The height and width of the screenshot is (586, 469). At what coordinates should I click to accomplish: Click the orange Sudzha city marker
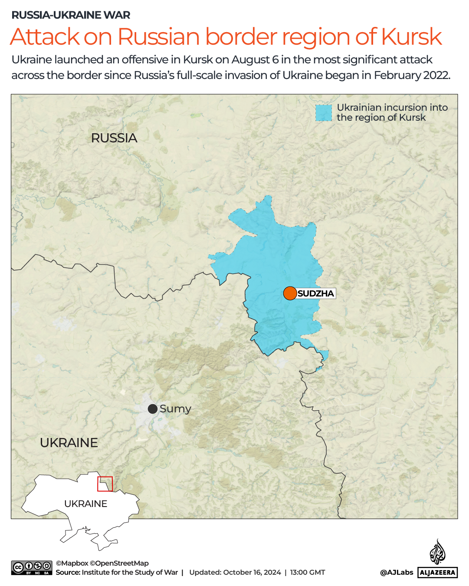(x=290, y=293)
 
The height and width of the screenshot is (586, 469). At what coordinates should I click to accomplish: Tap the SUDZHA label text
(x=316, y=293)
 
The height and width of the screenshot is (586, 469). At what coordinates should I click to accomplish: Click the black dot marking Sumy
(x=153, y=409)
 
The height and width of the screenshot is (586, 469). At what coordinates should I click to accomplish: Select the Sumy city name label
(x=175, y=409)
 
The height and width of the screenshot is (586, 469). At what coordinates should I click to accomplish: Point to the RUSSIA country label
(x=114, y=138)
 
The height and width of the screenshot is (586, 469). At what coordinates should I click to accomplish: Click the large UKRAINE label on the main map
(x=69, y=443)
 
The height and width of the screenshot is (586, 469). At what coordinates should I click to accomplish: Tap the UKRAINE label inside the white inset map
(x=85, y=504)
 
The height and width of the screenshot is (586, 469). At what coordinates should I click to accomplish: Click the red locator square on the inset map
(x=105, y=484)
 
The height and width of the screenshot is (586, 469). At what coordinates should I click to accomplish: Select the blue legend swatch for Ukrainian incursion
(x=324, y=113)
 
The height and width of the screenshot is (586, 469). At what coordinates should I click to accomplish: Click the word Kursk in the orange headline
(x=411, y=36)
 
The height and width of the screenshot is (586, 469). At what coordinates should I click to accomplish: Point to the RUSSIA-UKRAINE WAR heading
(x=71, y=15)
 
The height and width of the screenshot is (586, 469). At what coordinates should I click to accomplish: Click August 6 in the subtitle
(x=256, y=60)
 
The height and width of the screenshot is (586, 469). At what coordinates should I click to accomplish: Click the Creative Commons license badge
(x=32, y=568)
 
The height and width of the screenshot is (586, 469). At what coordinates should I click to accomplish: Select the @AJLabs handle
(x=397, y=573)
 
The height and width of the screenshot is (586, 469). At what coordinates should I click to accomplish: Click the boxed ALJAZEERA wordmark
(x=438, y=573)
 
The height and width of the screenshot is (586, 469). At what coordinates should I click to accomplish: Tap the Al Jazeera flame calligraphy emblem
(x=437, y=552)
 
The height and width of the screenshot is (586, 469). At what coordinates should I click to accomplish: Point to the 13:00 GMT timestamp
(x=308, y=573)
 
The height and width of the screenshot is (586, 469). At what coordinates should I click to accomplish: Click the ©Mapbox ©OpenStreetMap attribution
(x=102, y=563)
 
